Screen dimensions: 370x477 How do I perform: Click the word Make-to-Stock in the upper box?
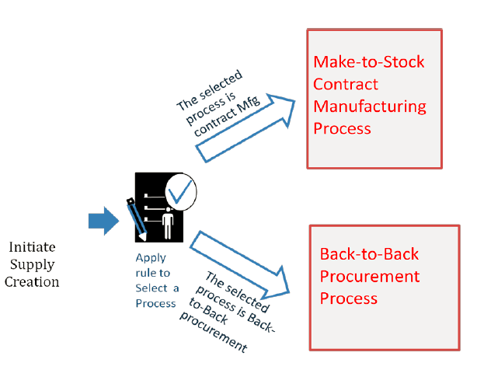[x=368, y=62]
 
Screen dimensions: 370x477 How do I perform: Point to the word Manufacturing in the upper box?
[x=370, y=106]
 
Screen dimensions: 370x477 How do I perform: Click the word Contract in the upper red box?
[x=346, y=84]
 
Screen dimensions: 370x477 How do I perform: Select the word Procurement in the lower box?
[x=370, y=277]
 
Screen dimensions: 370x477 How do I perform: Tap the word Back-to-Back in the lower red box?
[x=370, y=255]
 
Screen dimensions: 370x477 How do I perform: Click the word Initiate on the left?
[x=32, y=246]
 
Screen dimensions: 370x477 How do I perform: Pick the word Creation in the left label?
[x=32, y=281]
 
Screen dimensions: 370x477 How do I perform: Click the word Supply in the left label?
[x=32, y=264]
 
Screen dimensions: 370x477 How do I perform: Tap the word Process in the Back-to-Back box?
[x=349, y=298]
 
